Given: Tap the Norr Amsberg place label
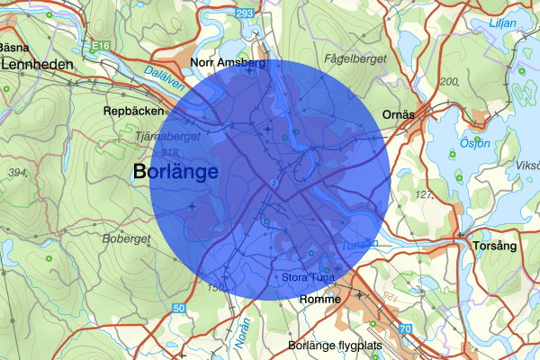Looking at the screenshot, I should coord(229,63).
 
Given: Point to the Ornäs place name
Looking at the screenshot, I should coord(398,114).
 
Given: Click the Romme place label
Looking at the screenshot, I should coord(320,299).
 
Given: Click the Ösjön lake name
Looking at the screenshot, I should coord(454,143).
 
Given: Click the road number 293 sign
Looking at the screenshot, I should coord(270,14).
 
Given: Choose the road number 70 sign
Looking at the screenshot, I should coord(405,329).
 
